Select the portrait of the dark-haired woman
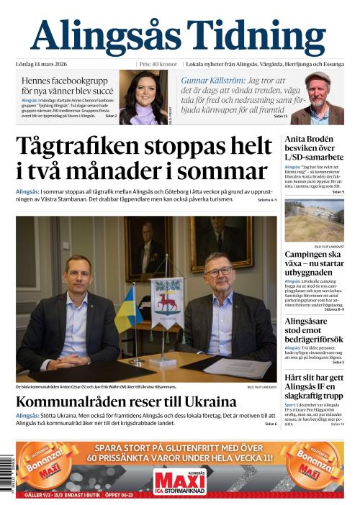(143, 97)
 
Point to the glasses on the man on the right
(217, 271)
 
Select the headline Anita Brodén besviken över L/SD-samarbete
(314, 148)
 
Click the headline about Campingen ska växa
(314, 264)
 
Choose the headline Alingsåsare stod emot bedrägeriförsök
(314, 329)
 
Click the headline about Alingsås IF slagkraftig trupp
(314, 386)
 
